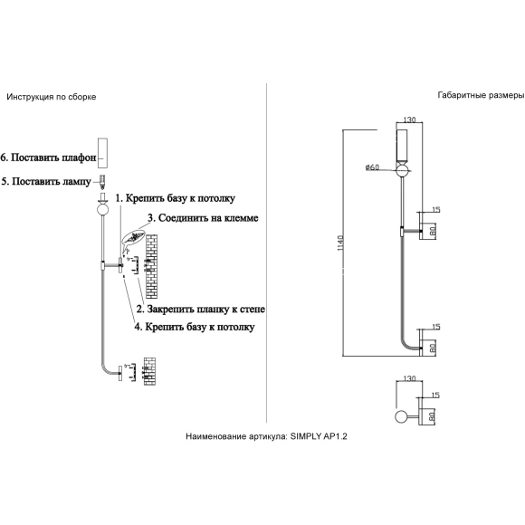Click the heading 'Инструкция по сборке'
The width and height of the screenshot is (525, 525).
point(52,97)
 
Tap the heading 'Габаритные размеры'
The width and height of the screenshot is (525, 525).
point(481,95)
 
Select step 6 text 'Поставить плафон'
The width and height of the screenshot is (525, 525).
point(53,157)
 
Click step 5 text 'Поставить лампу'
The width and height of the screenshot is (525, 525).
point(52,181)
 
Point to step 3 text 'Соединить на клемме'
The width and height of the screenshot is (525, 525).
point(208,218)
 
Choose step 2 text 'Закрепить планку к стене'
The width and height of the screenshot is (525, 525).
point(205,309)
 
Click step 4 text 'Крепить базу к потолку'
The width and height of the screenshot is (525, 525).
point(199,327)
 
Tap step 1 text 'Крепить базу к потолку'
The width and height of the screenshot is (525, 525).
point(180,198)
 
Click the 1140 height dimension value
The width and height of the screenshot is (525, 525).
point(340,243)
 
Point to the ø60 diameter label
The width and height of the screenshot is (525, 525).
point(372,167)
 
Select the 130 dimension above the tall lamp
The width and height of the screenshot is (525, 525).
point(409,119)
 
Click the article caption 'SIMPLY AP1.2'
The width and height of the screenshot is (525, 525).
point(319,436)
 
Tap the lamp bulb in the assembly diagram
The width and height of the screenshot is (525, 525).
point(103,181)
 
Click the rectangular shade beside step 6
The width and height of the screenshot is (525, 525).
point(103,153)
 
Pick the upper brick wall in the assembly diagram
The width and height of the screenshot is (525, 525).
point(151,266)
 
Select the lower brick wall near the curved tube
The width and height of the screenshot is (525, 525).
point(149,371)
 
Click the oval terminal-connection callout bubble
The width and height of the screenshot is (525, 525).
point(134,237)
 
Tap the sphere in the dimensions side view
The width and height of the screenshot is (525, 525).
point(403,170)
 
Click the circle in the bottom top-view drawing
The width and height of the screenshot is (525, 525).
point(402,416)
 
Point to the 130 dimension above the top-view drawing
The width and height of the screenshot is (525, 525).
point(409,378)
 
